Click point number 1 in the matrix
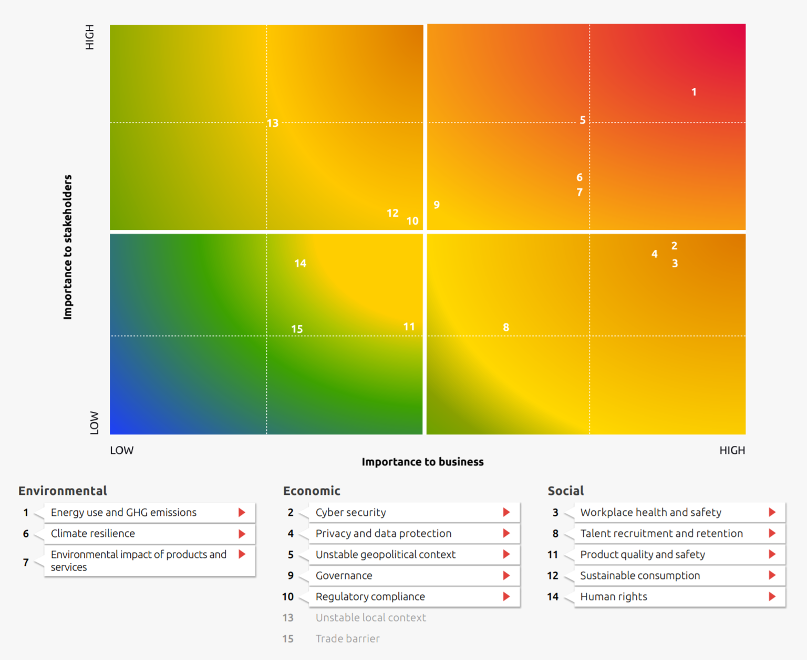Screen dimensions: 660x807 694,92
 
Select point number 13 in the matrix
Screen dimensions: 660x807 272,123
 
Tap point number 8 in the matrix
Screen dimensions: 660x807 506,327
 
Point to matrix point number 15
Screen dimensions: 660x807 297,329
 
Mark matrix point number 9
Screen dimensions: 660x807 437,205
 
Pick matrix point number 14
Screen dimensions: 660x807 300,263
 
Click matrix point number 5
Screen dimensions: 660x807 582,120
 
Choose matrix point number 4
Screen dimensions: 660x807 654,254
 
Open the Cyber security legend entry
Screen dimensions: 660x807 350,512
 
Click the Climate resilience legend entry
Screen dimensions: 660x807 93,533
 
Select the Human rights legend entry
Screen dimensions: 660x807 614,596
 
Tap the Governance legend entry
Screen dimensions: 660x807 344,575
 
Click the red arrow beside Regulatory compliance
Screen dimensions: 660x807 506,596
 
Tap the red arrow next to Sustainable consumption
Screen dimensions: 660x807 772,575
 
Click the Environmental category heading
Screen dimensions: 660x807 63,491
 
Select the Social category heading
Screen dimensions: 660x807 565,491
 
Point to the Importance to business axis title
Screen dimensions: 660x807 422,462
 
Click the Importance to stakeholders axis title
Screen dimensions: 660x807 67,247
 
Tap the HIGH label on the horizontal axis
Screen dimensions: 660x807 732,450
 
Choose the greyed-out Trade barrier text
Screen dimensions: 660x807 347,638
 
